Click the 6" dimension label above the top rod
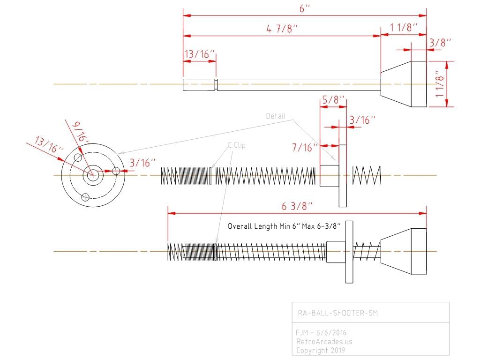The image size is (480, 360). tap(305, 8)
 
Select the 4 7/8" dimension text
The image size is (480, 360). tap(282, 29)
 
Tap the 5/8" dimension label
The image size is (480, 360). tap(334, 100)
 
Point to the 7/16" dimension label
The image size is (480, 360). tap(305, 148)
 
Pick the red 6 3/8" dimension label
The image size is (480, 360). tap(297, 206)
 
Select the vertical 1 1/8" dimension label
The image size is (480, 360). tap(439, 84)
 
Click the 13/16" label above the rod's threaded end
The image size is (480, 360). tap(199, 54)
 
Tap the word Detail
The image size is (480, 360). tap(276, 116)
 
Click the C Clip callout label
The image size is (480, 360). tap(237, 145)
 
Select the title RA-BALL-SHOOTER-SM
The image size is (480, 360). tap(338, 313)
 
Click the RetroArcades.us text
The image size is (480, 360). tap(324, 341)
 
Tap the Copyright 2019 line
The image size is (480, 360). tap(321, 350)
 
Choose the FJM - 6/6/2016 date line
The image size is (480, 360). tap(321, 332)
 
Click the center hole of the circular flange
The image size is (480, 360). tap(93, 175)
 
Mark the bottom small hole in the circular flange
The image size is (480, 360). tap(85, 197)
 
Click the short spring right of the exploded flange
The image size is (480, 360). tap(367, 175)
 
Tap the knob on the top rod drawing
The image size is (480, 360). tap(404, 84)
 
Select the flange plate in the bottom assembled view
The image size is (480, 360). tap(349, 252)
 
